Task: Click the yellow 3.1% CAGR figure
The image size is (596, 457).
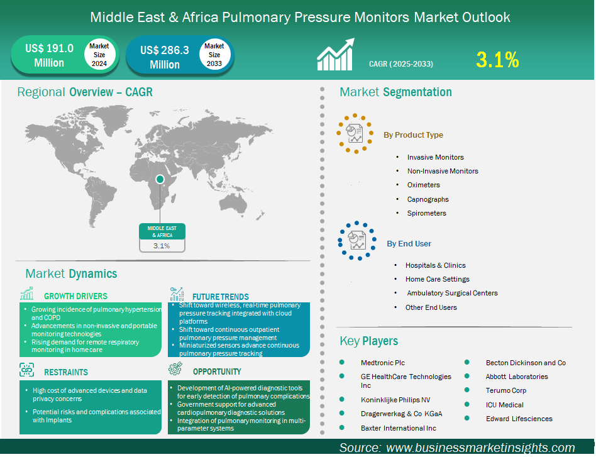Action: pyautogui.click(x=497, y=60)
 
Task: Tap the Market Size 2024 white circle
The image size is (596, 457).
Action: pyautogui.click(x=99, y=55)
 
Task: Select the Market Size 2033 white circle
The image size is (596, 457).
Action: pyautogui.click(x=214, y=55)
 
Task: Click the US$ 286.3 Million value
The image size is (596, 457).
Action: pyautogui.click(x=165, y=57)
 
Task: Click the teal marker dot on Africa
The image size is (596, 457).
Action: pyautogui.click(x=160, y=179)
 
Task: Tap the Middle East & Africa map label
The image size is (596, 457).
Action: pyautogui.click(x=162, y=231)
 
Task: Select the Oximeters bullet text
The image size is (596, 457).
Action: pyautogui.click(x=424, y=185)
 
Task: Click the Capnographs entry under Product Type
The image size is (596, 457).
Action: pyautogui.click(x=428, y=199)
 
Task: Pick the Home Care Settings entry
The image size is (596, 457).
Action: pyautogui.click(x=438, y=279)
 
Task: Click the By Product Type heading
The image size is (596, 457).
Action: pyautogui.click(x=413, y=135)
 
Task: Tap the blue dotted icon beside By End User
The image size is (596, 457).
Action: pyautogui.click(x=357, y=241)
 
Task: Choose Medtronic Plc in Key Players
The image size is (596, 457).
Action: pyautogui.click(x=383, y=363)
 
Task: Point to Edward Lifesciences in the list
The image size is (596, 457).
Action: pyautogui.click(x=519, y=419)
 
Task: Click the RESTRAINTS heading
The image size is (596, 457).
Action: pyautogui.click(x=66, y=372)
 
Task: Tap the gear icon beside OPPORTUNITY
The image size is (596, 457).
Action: pyautogui.click(x=175, y=368)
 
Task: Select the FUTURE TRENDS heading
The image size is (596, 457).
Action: pyautogui.click(x=221, y=297)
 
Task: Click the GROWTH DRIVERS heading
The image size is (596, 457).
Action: pyautogui.click(x=75, y=296)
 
